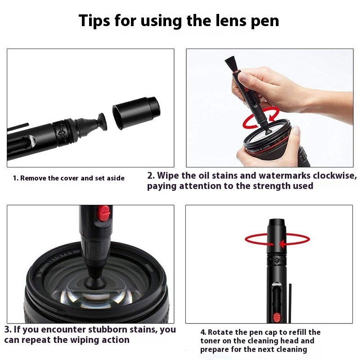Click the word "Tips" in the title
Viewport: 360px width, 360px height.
96,20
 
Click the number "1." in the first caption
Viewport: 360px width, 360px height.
16,178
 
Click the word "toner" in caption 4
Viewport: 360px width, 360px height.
212,341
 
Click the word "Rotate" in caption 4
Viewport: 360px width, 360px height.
220,332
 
